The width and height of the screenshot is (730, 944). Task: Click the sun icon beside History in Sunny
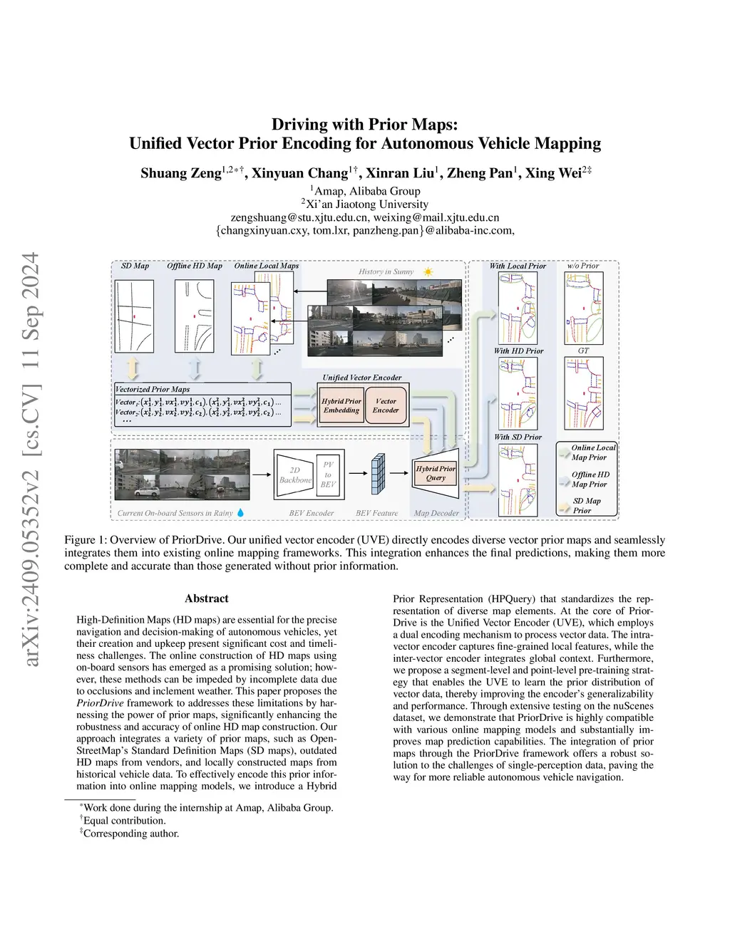tap(428, 271)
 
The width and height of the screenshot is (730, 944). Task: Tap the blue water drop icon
tap(240, 512)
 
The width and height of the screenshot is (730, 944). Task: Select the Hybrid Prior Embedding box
tap(341, 405)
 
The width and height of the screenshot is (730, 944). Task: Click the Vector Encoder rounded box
tap(386, 405)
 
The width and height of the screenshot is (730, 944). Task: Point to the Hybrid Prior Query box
tap(436, 473)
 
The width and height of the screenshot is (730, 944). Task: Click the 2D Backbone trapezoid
tap(295, 474)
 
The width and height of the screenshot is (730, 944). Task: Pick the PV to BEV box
tap(328, 474)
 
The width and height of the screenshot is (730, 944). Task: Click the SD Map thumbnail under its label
tap(134, 316)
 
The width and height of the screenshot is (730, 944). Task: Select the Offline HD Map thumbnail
tap(195, 316)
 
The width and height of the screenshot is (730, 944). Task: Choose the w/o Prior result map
tap(583, 307)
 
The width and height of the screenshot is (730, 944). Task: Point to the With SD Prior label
tap(518, 437)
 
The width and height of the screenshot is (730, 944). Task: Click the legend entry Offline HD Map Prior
tap(590, 479)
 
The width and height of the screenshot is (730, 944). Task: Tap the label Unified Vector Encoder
tap(362, 378)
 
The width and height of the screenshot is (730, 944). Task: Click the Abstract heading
tap(207, 598)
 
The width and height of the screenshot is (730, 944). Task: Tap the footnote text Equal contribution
tap(125, 820)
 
